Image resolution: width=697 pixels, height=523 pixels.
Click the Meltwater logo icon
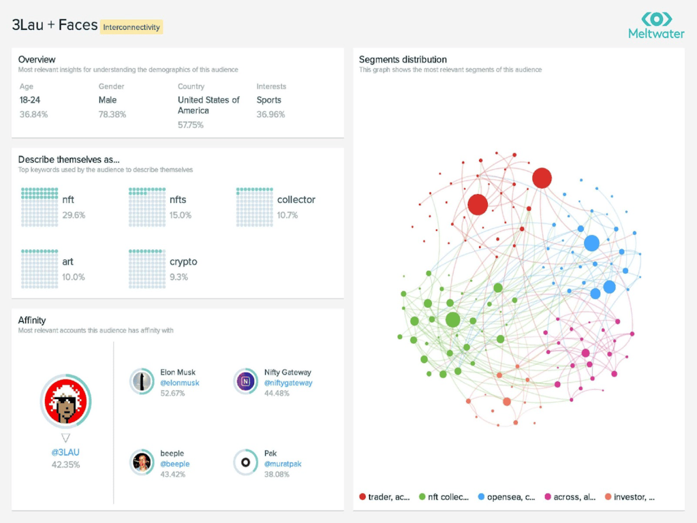[x=657, y=18]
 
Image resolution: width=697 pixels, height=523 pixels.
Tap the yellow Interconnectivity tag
[x=131, y=27]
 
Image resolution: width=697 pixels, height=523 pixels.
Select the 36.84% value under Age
[x=34, y=114]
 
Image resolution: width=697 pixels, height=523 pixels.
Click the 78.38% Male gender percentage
[x=112, y=114]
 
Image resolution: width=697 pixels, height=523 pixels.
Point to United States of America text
[x=208, y=105]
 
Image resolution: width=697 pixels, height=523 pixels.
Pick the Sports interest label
[x=269, y=100]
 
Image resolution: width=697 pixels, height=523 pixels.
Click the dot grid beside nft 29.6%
[x=40, y=207]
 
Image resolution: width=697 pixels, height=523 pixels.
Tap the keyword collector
[x=296, y=200]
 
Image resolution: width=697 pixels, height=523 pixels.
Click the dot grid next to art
[x=40, y=268]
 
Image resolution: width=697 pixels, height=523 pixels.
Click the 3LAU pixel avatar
[x=66, y=400]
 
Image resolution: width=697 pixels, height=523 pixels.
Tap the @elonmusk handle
[x=180, y=383]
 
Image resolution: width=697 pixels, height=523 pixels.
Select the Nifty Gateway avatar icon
[x=245, y=382]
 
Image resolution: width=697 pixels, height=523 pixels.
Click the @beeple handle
[x=175, y=464]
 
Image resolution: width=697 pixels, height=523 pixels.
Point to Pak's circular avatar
[x=245, y=462]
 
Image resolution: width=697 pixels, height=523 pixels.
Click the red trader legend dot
[x=362, y=497]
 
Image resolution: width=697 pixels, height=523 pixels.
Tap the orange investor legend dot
[x=608, y=497]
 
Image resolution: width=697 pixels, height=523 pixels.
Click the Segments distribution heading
[x=403, y=60]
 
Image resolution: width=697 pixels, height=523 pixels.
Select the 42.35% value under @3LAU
[x=65, y=465]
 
